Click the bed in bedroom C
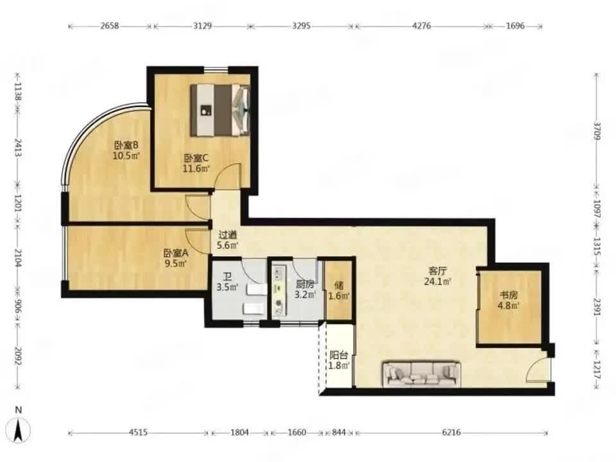220,110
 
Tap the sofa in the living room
422,374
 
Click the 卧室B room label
126,146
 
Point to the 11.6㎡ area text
196,169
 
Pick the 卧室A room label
176,253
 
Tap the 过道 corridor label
227,235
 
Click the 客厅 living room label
437,271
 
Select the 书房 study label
508,295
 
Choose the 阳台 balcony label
339,355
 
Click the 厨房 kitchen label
305,284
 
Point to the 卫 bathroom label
227,277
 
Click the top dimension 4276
422,26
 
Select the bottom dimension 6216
451,432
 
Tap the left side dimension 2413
17,148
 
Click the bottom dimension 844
339,432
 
